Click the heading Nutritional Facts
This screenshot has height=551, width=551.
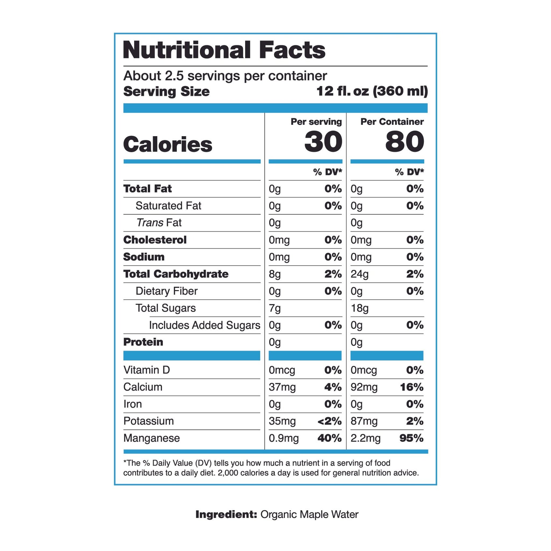(224, 50)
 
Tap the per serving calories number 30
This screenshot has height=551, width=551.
(323, 142)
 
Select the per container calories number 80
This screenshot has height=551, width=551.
(404, 142)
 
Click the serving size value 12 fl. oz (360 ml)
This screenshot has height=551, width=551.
(372, 91)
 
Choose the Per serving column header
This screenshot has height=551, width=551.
(316, 122)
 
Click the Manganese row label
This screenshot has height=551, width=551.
(151, 438)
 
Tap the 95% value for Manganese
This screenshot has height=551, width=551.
(411, 438)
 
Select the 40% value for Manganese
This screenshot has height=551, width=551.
(329, 438)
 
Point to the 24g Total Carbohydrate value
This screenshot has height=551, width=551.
(359, 274)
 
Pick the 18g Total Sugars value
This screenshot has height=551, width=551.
(359, 308)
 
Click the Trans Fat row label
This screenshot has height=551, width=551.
(159, 223)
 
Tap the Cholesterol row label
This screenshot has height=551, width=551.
(155, 240)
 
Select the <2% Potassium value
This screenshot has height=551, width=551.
(329, 421)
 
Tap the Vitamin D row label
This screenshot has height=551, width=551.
(147, 370)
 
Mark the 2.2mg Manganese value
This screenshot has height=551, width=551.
(365, 438)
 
